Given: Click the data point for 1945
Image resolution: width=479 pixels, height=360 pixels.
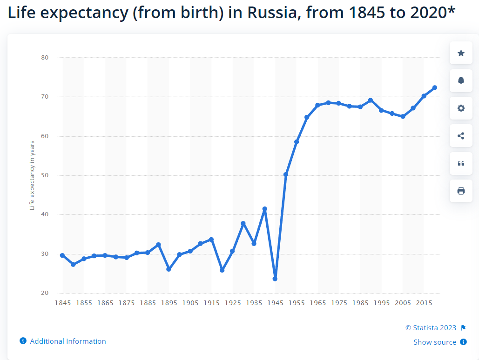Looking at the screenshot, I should [x=275, y=279].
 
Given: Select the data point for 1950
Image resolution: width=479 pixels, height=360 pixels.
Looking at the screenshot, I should [x=286, y=174].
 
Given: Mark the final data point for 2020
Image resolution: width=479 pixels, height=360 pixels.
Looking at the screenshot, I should [x=434, y=87].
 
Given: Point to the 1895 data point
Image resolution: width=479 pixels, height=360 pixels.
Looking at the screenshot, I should [x=169, y=269].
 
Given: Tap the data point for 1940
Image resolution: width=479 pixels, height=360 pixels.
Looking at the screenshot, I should [x=264, y=209].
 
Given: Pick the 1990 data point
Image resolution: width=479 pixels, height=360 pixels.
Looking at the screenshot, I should [x=371, y=100].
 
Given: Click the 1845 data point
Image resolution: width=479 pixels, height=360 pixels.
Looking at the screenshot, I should [x=62, y=255].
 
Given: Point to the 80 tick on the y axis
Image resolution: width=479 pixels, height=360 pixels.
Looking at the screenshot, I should [x=45, y=58].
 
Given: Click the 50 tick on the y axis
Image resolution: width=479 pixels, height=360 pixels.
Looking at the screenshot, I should [x=45, y=175].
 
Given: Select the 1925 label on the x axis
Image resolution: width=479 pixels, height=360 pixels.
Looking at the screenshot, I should [x=233, y=303].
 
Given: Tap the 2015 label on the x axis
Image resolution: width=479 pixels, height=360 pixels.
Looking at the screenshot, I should [x=424, y=303].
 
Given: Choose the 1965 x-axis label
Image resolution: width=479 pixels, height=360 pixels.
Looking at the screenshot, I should [x=317, y=303].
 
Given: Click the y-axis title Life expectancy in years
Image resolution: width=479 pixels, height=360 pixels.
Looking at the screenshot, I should [x=32, y=175].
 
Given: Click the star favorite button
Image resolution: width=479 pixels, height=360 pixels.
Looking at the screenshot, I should [x=461, y=53].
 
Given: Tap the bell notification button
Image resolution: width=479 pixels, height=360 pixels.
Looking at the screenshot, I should [x=461, y=80].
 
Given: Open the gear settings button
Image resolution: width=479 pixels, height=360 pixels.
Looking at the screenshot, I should [x=461, y=108].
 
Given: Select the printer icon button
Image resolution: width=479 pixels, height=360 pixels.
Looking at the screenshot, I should [x=461, y=191].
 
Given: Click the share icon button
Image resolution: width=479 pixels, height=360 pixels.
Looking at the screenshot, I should [x=461, y=136].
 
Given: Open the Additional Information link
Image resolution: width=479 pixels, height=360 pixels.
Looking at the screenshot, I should [x=67, y=341].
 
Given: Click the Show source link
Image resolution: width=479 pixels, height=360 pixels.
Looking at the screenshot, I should [x=435, y=342].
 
